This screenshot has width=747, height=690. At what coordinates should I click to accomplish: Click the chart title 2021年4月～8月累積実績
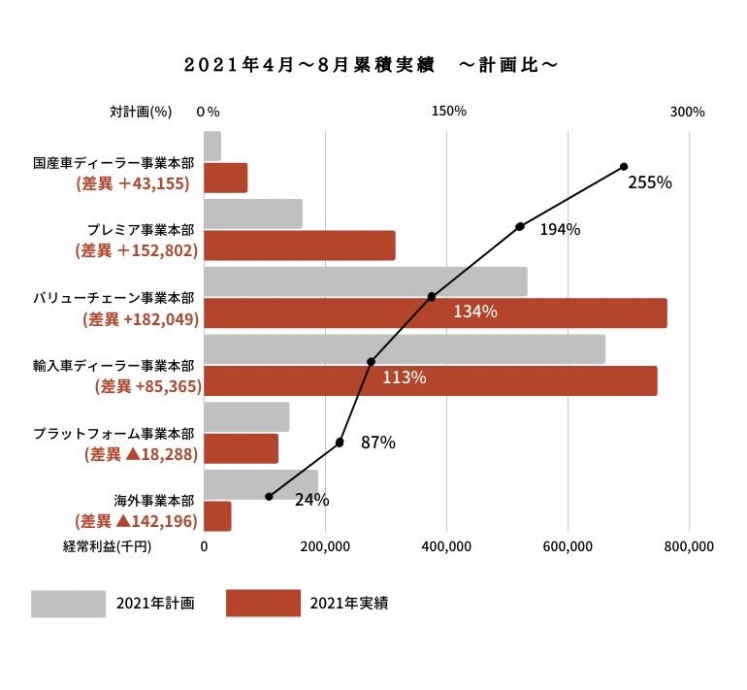pos(309,65)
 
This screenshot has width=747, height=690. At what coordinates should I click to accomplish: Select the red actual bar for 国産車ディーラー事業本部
pos(226,178)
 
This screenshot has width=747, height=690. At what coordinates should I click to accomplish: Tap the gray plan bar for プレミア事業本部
pos(253,214)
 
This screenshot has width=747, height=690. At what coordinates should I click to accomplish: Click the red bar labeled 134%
pos(436,313)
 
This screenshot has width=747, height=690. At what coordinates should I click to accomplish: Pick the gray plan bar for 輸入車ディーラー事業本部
pos(405,349)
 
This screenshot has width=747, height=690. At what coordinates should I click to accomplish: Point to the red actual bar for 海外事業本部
pos(217,516)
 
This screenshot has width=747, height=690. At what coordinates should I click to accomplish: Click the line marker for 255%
pos(624,166)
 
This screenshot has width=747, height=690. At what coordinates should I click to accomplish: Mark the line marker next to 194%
pos(520,227)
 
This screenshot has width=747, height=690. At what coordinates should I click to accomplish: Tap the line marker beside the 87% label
pos(340,443)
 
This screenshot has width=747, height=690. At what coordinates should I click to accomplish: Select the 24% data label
pos(312,500)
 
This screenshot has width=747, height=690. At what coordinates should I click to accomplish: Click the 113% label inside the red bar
pos(405,378)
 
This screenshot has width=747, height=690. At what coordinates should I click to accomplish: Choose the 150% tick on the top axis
pos(449,111)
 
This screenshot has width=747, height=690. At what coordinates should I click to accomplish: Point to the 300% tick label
pos(687,112)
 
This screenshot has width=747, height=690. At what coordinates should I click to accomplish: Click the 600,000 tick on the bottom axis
pos(568,546)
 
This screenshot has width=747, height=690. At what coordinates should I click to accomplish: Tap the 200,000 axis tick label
pos(325,546)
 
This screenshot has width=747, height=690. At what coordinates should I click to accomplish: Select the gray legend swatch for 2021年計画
pos(69,604)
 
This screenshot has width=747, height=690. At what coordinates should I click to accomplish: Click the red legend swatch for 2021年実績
pos(264,604)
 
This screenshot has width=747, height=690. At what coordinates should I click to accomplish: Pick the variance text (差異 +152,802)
pos(136,250)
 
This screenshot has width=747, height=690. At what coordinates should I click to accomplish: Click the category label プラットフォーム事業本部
pos(114,434)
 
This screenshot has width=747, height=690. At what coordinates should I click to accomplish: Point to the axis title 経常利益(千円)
pos(107,546)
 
